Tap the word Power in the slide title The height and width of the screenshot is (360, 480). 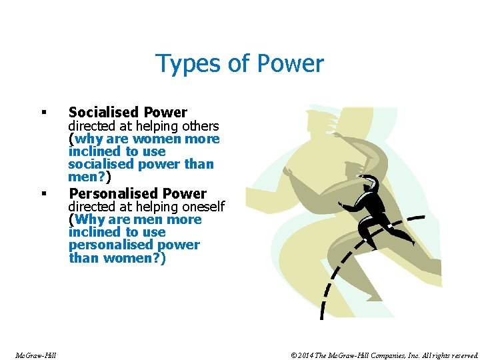coord(293,65)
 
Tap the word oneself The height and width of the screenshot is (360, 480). coord(201,207)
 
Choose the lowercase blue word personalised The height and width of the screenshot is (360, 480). coord(108,245)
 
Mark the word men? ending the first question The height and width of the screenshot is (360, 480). coord(87,177)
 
